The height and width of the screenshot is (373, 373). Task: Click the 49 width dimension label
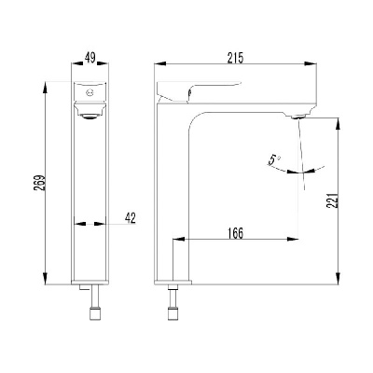point(90,58)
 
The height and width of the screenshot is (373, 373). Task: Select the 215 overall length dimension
point(235,58)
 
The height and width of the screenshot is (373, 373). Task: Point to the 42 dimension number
point(131,218)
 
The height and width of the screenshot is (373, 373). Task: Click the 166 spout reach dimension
point(235,233)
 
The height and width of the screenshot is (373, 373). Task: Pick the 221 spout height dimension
point(332,200)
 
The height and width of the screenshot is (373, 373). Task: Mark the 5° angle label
point(274,160)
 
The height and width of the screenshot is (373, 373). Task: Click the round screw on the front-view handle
point(90,92)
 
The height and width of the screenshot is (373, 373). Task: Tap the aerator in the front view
point(90,117)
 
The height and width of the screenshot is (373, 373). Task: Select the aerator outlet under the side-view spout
point(298,117)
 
